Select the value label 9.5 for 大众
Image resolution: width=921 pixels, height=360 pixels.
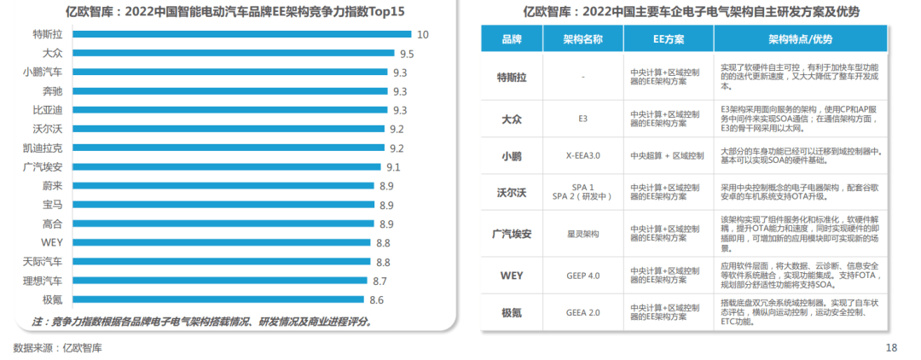pos(407,54)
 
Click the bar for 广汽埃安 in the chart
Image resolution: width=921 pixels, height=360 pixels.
pos(227,167)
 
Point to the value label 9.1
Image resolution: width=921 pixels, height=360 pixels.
pos(393,167)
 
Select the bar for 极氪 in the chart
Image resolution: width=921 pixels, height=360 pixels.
pos(218,299)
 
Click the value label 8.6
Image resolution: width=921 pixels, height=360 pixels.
pos(376,299)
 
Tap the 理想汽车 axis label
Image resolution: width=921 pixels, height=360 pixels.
pos(43,281)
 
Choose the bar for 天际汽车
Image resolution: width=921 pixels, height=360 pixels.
pos(222,262)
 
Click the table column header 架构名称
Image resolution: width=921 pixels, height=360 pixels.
pos(582,40)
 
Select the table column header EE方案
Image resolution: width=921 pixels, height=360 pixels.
pos(668,40)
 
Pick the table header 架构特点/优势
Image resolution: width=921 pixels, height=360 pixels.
pos(800,40)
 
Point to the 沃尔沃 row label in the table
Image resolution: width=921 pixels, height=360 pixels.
pos(512,193)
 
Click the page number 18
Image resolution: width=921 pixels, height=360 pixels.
pos(891,347)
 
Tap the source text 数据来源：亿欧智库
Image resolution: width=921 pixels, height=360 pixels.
pos(58,347)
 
